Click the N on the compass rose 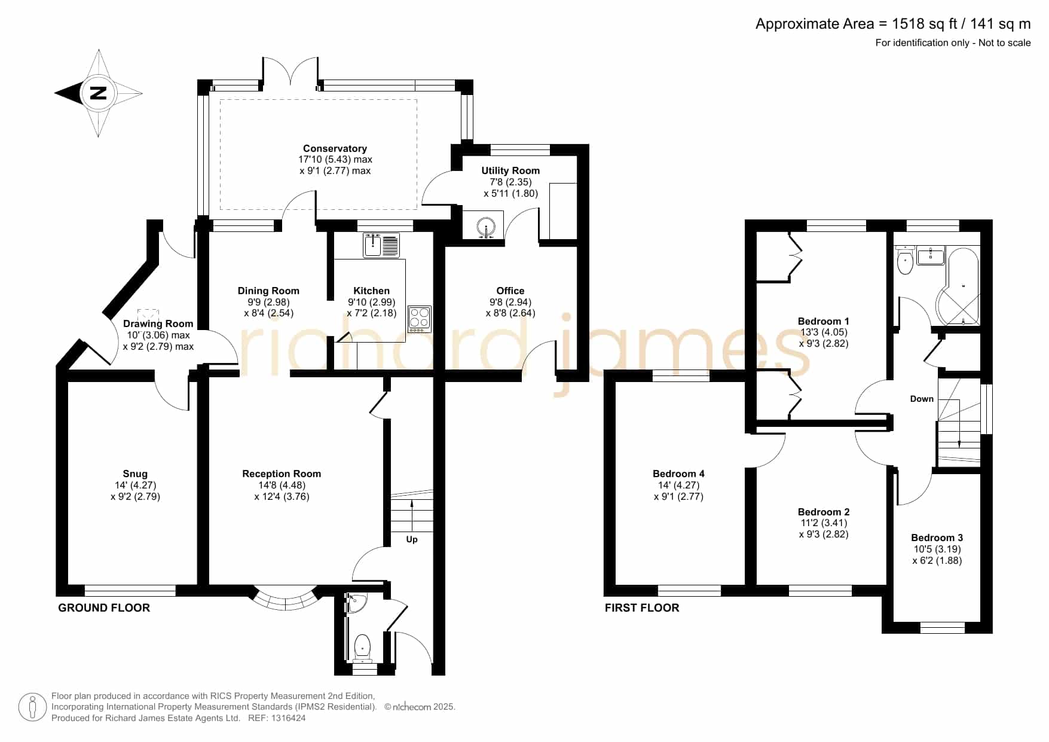point(98,93)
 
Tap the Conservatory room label point(335,148)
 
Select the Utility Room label point(510,171)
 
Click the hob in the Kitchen point(419,319)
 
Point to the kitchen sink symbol point(381,245)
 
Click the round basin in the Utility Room point(485,227)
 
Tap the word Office point(510,291)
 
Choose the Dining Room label point(268,291)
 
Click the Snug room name point(135,474)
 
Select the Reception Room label point(282,474)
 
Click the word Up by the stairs point(412,540)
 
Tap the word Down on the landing point(922,399)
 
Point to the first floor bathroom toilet point(905,260)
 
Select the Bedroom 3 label point(937,538)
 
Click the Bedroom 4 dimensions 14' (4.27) point(678,485)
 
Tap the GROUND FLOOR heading point(104,608)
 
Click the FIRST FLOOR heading point(642,608)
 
